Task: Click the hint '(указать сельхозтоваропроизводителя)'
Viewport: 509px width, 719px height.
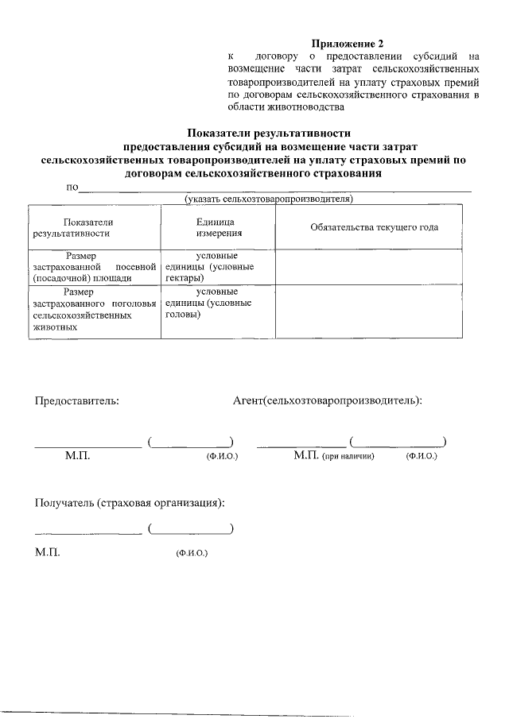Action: point(268,199)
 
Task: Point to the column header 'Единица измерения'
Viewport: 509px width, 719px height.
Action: point(213,228)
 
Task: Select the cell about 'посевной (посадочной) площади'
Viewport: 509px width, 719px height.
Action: point(93,267)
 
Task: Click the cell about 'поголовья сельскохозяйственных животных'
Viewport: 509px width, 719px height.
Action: point(93,309)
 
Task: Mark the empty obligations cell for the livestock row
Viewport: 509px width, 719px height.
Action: point(367,311)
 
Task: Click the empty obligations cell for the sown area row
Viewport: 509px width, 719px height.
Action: point(367,267)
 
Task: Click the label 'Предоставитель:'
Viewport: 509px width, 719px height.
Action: point(76,400)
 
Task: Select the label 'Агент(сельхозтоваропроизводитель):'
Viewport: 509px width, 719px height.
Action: point(327,400)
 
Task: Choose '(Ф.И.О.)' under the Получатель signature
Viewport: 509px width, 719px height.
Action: point(192,553)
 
